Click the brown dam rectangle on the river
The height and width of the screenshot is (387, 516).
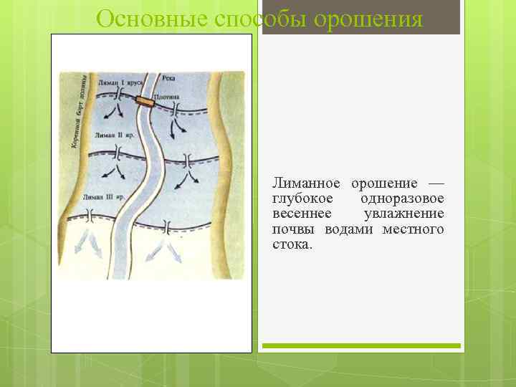click(146, 102)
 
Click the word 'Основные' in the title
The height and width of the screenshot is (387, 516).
click(143, 19)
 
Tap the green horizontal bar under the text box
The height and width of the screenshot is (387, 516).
click(360, 345)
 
